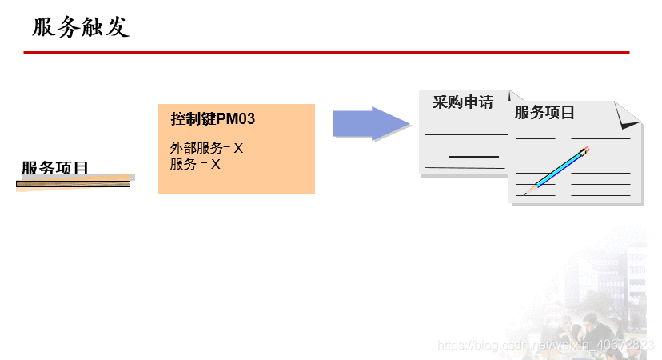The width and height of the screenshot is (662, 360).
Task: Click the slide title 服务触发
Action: (80, 28)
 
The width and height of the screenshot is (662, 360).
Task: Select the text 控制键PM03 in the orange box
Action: (213, 120)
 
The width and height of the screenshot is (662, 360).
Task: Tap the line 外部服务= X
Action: (206, 148)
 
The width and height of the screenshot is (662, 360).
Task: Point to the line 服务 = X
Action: (195, 164)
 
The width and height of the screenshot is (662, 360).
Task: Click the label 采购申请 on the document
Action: (463, 102)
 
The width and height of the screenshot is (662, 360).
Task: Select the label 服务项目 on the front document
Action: (544, 113)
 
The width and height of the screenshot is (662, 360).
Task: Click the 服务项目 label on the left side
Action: (54, 168)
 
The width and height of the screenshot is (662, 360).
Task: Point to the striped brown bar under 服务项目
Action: (73, 184)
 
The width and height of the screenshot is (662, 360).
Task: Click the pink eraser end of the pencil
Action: (586, 149)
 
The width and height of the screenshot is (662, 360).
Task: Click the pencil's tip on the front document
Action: (527, 193)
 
